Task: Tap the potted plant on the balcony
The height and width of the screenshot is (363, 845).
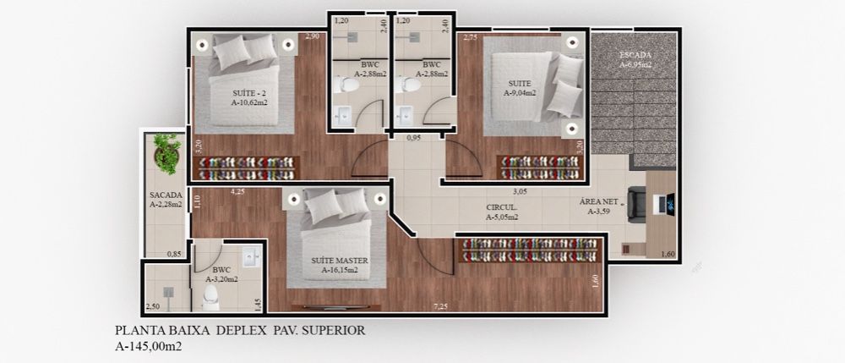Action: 167,154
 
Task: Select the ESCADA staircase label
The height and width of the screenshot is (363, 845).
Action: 635,55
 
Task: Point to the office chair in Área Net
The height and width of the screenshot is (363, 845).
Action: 637,205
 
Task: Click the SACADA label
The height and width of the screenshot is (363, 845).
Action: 166,195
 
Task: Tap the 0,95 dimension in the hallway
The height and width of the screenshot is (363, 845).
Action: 413,138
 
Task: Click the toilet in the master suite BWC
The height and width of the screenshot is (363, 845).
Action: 210,298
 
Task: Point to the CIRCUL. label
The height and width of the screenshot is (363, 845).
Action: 502,207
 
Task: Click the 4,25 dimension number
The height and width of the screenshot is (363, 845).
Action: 237,191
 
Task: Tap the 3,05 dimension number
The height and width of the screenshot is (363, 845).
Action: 520,191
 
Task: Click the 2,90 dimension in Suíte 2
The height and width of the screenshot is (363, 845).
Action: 313,36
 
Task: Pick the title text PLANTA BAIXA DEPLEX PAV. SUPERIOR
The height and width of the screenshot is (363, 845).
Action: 240,330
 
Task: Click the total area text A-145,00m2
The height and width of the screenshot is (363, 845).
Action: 148,346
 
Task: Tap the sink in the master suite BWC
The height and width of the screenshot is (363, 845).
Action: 252,257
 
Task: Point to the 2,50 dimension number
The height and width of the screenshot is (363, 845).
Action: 152,307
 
